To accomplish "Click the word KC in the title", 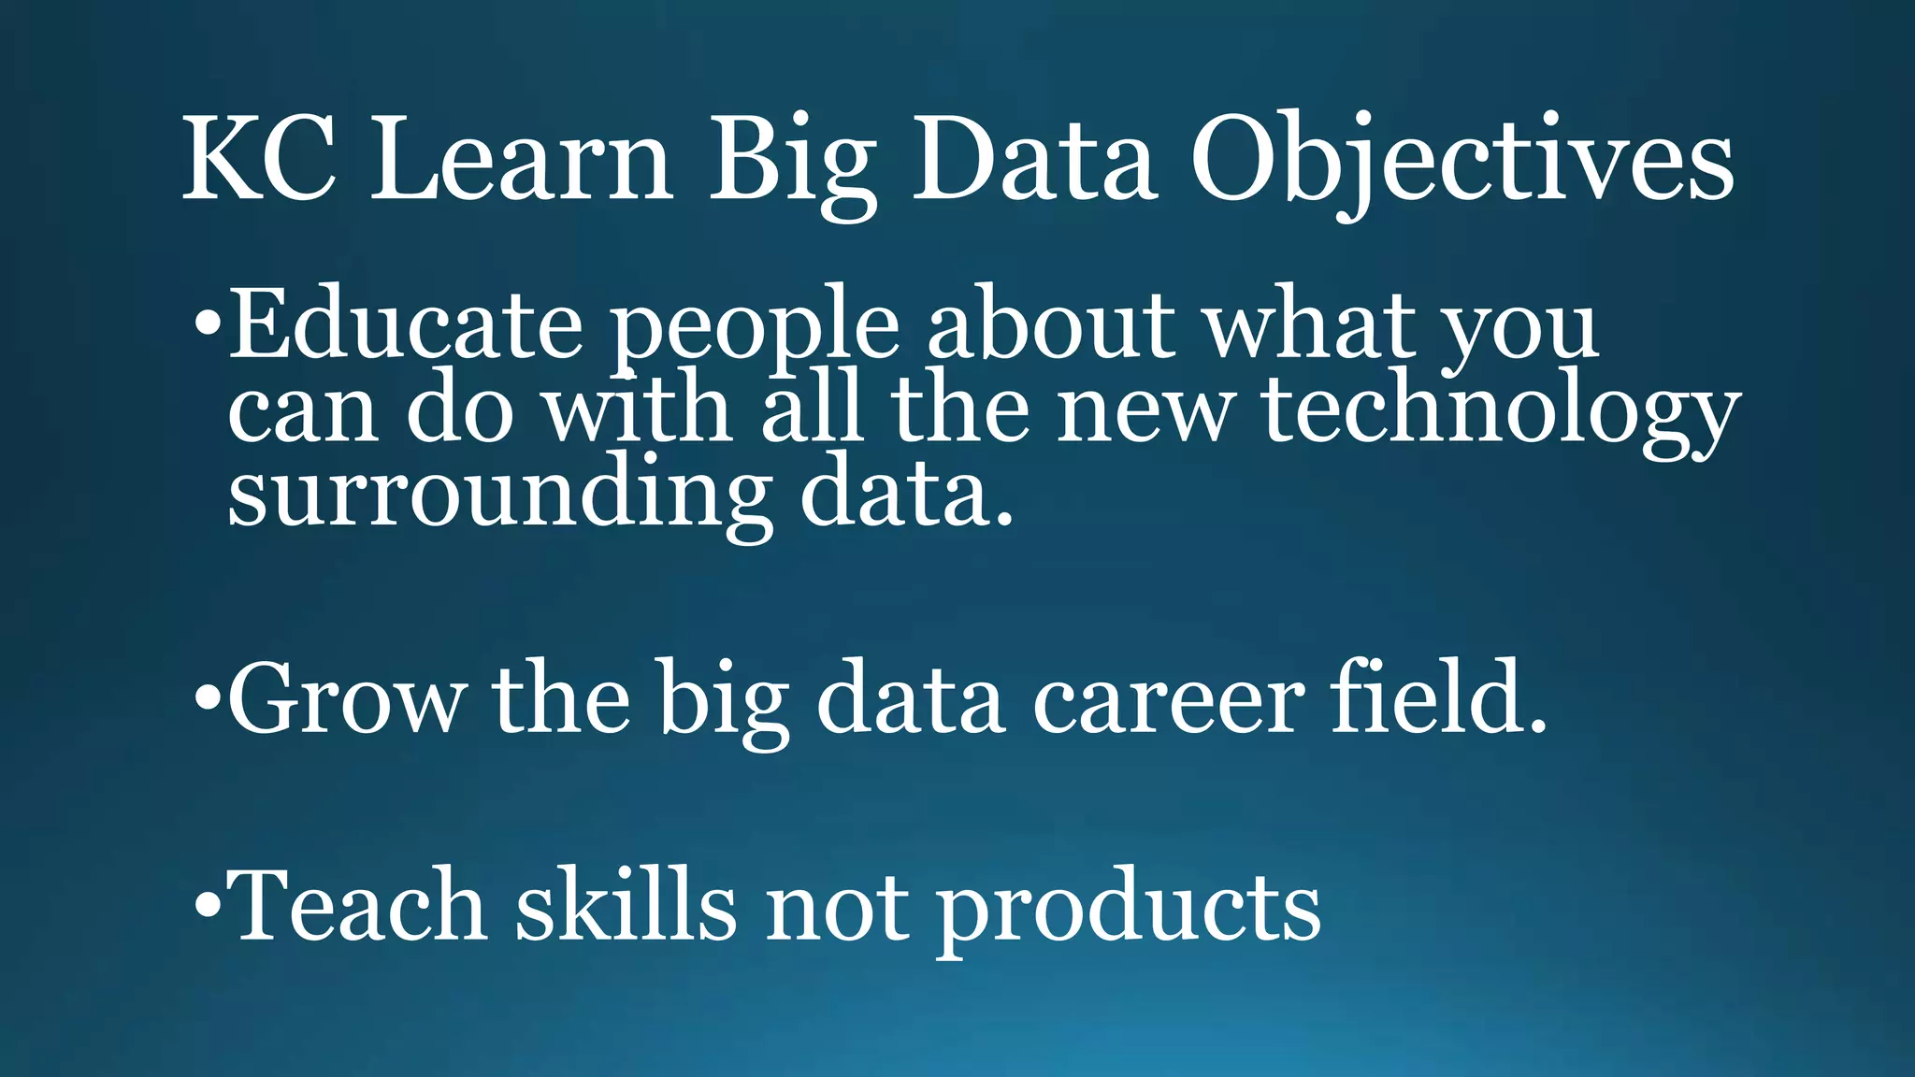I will point(259,159).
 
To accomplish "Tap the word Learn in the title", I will point(521,159).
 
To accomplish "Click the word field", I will point(1436,696).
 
